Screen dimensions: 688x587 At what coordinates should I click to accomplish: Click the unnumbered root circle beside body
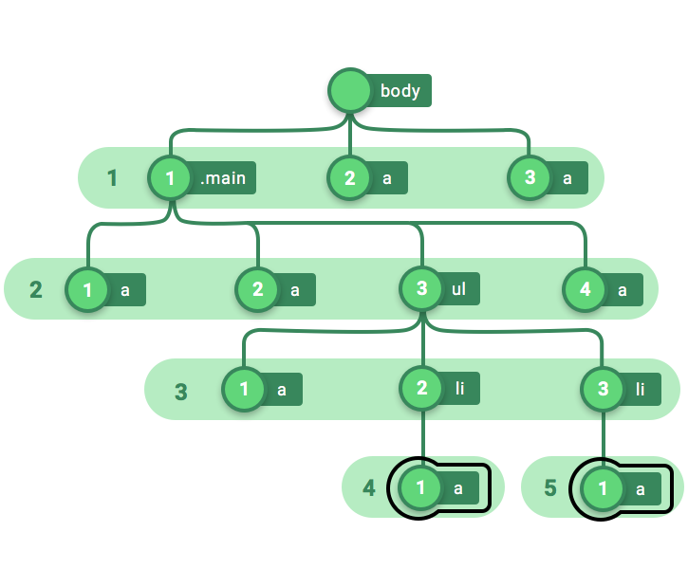pyautogui.click(x=350, y=90)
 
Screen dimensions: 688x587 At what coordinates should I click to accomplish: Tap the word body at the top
pyautogui.click(x=400, y=91)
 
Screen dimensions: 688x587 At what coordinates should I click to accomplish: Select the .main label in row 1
pyautogui.click(x=223, y=178)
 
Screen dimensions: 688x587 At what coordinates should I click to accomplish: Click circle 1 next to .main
pyautogui.click(x=170, y=178)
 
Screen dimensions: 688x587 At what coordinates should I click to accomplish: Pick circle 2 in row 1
pyautogui.click(x=350, y=178)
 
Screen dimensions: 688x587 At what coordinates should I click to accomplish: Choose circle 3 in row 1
pyautogui.click(x=530, y=177)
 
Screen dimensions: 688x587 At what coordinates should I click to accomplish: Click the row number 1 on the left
pyautogui.click(x=112, y=178)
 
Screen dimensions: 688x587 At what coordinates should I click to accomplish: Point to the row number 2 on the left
pyautogui.click(x=36, y=289)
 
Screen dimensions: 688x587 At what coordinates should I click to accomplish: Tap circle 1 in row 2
pyautogui.click(x=87, y=290)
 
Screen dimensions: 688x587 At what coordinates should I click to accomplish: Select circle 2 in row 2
pyautogui.click(x=257, y=289)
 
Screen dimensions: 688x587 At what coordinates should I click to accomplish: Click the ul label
pyautogui.click(x=458, y=288)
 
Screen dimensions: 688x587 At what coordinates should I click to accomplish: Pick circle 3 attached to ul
pyautogui.click(x=421, y=288)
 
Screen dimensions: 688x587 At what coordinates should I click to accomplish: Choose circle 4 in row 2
pyautogui.click(x=585, y=289)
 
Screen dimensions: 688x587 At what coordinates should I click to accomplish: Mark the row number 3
pyautogui.click(x=181, y=392)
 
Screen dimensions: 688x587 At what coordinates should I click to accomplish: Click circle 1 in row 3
pyautogui.click(x=244, y=389)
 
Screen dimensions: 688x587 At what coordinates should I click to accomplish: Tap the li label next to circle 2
pyautogui.click(x=459, y=388)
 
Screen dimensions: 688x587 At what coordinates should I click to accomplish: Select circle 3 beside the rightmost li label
pyautogui.click(x=603, y=389)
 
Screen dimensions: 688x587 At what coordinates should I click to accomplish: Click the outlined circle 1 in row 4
pyautogui.click(x=420, y=487)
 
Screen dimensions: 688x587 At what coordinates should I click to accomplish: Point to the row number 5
pyautogui.click(x=550, y=487)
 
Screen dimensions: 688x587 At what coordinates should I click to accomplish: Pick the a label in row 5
pyautogui.click(x=641, y=488)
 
